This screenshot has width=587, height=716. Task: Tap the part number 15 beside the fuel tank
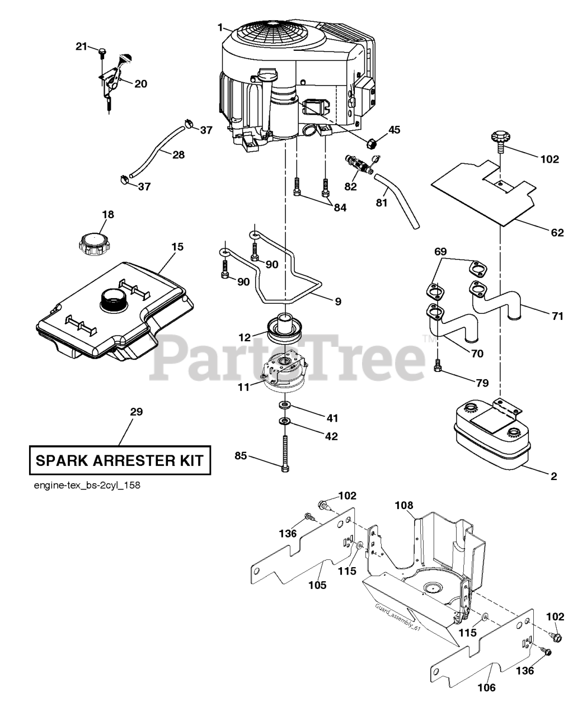tap(177, 247)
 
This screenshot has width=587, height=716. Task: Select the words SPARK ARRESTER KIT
tap(120, 461)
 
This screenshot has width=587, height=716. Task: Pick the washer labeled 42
tap(283, 422)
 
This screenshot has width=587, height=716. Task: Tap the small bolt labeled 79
tap(438, 366)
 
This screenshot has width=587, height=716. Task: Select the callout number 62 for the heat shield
tap(557, 233)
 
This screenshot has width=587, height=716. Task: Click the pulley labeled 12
tap(285, 329)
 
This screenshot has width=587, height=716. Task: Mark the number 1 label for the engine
tap(220, 27)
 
